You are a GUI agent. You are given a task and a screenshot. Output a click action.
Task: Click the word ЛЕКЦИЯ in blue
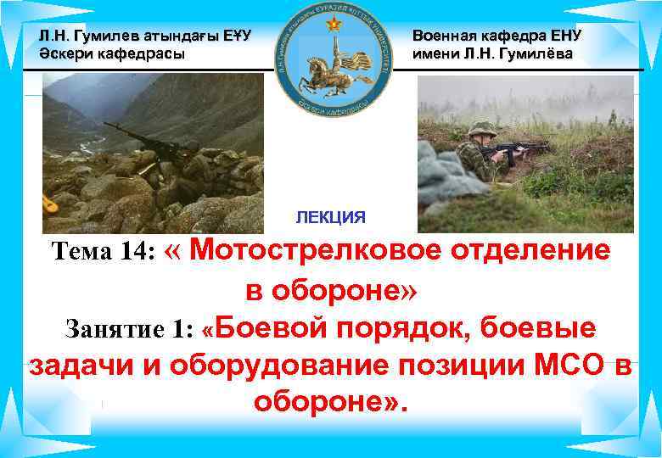coord(331,217)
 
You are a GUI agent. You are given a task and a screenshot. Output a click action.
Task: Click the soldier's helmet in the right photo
coord(480,126)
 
